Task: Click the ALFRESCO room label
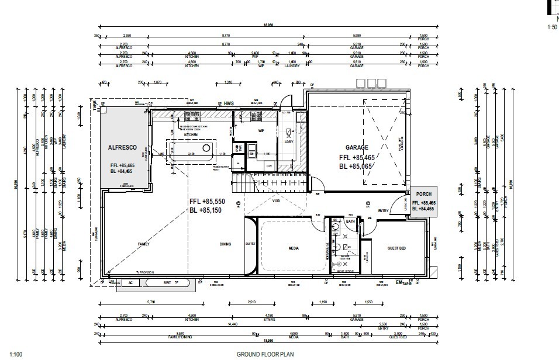coord(122,148)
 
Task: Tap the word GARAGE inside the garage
coord(357,148)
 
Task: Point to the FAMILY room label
coord(143,244)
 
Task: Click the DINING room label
coord(226,244)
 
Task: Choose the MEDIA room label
coord(294,248)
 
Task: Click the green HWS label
coord(229,103)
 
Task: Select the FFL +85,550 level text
coord(208,201)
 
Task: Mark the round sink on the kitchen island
coord(206,148)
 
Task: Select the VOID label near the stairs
coord(277,200)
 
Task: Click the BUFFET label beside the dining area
coord(250,244)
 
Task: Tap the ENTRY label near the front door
coord(384,211)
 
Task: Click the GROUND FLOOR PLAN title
coord(264,354)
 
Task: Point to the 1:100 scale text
coord(15,354)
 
